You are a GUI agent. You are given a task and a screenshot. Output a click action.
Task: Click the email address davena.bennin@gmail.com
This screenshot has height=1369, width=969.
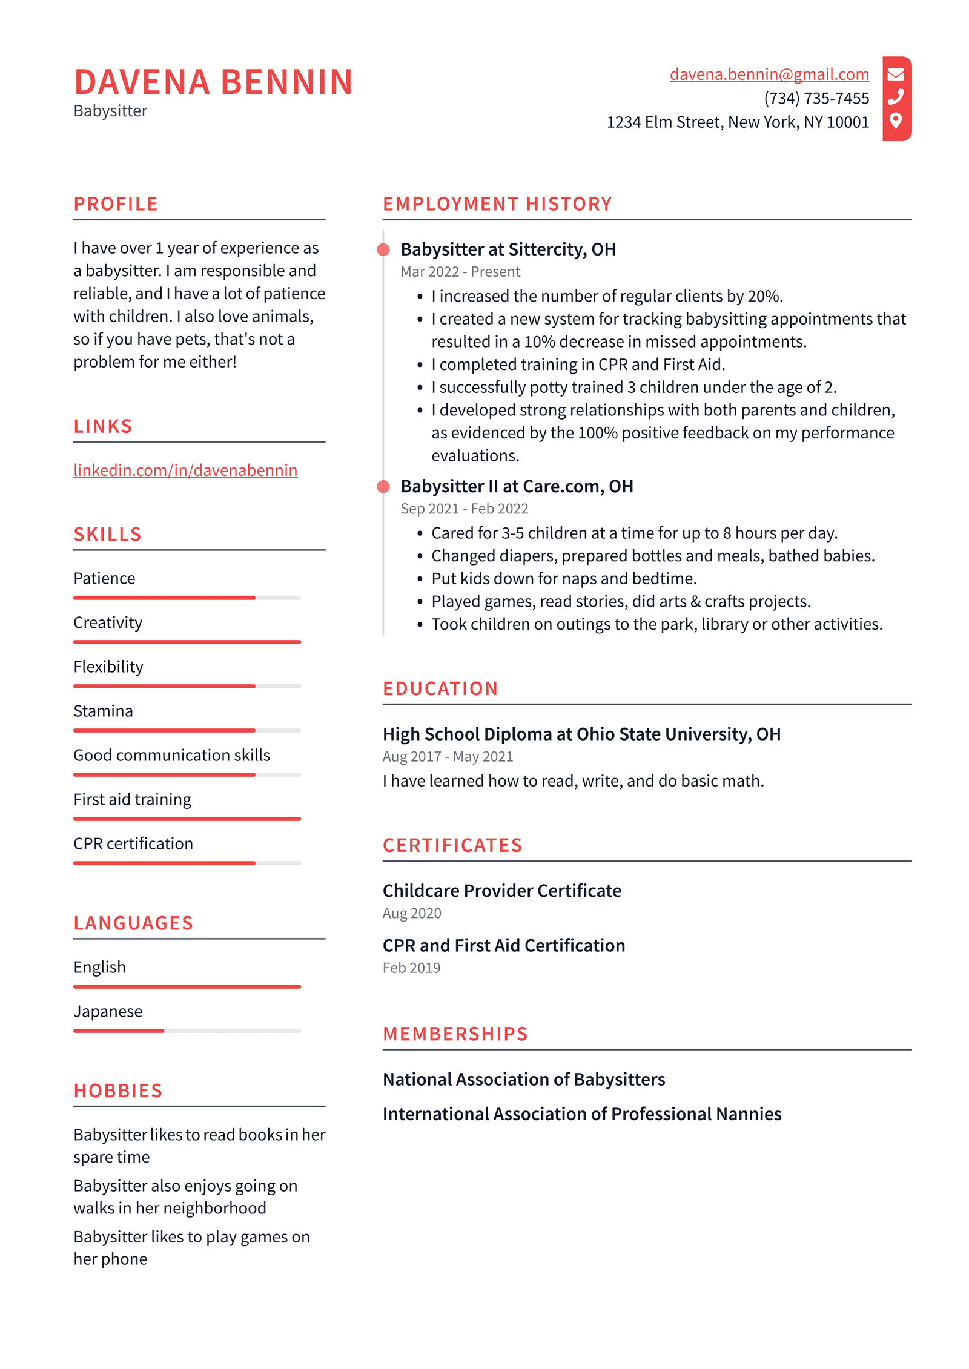[769, 74]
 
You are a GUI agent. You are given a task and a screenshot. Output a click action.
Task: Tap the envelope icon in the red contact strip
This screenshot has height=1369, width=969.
[895, 74]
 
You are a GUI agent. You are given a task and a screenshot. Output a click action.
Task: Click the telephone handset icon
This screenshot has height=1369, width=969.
[895, 97]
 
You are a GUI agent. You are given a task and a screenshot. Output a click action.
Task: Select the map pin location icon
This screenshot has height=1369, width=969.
[895, 120]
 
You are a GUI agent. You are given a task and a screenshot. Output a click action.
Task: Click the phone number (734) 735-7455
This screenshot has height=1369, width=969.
[816, 98]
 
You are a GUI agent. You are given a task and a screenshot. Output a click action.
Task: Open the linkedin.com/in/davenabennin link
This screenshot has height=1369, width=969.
[185, 470]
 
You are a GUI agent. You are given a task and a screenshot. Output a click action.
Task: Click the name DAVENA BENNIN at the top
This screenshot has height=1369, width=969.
[213, 82]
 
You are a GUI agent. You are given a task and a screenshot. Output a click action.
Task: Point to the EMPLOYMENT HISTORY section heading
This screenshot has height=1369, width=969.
[497, 204]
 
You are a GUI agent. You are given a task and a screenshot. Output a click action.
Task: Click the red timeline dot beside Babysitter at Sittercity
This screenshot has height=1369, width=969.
[383, 249]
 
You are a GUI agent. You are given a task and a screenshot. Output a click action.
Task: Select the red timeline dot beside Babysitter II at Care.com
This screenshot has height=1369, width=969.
[383, 486]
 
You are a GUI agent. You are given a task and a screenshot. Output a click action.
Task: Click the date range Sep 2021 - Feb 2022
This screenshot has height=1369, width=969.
[464, 509]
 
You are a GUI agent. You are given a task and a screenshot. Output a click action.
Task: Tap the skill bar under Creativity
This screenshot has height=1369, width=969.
[187, 642]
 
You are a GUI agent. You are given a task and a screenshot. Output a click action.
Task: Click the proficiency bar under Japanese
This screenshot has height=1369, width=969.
[187, 1031]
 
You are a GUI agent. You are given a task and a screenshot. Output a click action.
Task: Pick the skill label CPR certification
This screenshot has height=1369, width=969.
[133, 843]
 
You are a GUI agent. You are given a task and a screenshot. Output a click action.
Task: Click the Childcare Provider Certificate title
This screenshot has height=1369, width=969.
[501, 891]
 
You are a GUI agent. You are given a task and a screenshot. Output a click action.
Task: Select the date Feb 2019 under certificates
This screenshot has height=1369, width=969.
[411, 968]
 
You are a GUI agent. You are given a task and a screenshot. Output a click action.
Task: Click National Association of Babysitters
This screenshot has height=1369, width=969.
[524, 1079]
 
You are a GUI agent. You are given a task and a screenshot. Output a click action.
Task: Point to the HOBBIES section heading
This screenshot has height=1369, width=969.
[118, 1090]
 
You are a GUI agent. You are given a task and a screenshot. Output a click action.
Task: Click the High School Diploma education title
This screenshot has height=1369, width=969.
[581, 734]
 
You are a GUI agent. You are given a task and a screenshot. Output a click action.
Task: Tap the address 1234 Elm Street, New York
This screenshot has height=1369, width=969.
[737, 122]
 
